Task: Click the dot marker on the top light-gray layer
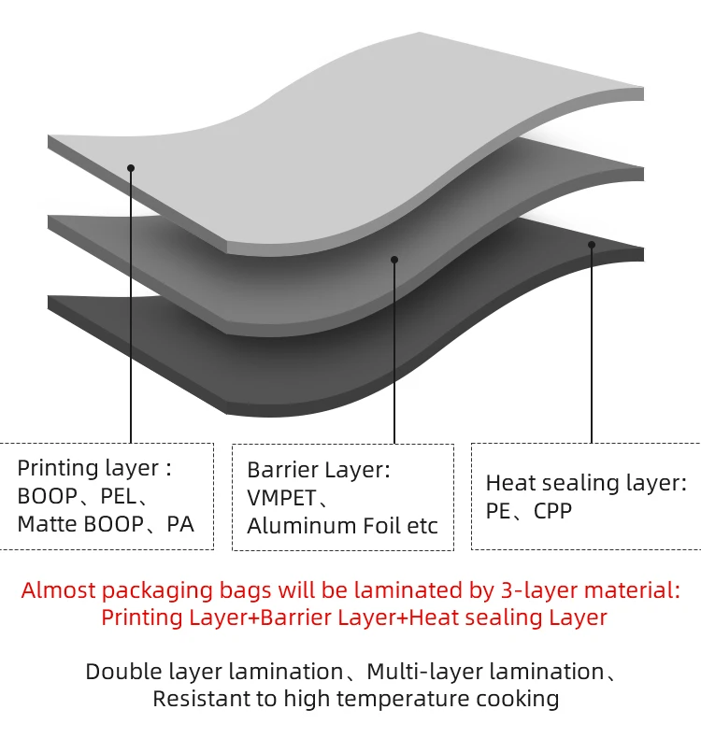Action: [131, 168]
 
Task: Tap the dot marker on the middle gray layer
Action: [394, 260]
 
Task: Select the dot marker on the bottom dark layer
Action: [592, 245]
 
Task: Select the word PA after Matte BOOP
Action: [179, 523]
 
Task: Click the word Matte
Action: [48, 523]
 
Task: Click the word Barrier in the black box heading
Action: [280, 469]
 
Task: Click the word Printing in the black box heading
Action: [57, 468]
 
